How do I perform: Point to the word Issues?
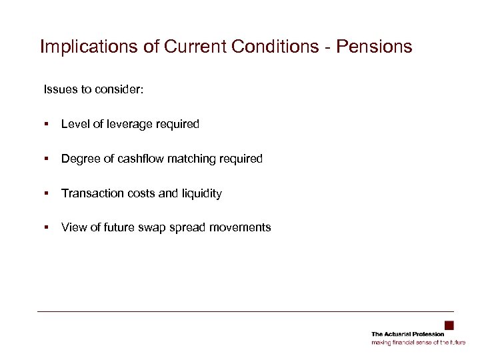[x=59, y=89]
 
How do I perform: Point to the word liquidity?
[x=201, y=193]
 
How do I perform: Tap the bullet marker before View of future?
[x=47, y=228]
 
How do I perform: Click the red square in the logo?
[x=449, y=325]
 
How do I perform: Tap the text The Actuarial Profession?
[x=407, y=334]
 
